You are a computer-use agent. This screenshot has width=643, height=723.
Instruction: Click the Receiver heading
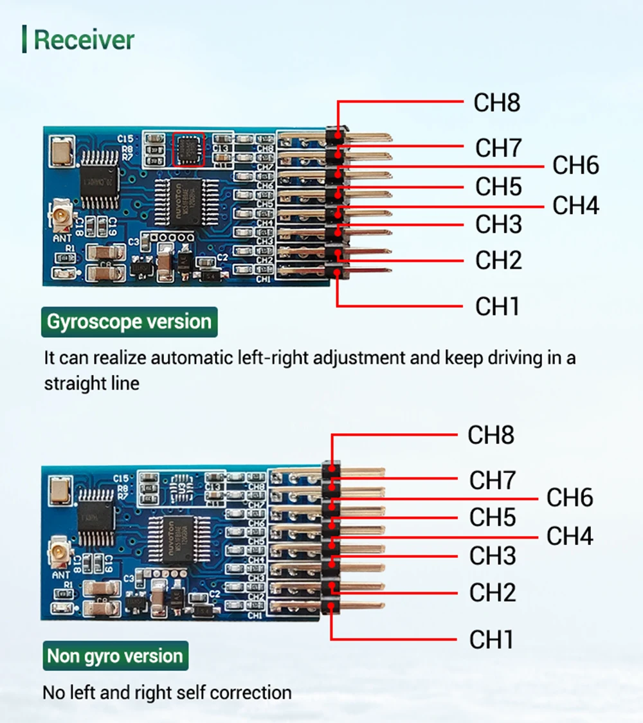coord(84,39)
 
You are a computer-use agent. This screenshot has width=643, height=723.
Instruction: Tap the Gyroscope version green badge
coord(129,322)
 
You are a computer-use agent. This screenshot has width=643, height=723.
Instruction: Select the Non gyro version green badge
coord(115,656)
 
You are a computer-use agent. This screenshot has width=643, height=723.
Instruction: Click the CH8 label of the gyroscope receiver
coord(496,103)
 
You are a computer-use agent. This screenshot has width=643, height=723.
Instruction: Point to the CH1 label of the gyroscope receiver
coord(496,307)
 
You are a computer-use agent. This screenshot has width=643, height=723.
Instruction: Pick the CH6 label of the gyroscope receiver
coord(575,166)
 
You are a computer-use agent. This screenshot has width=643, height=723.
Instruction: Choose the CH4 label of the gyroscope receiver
coord(575,206)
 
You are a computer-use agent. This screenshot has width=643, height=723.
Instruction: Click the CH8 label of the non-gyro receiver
coord(491,435)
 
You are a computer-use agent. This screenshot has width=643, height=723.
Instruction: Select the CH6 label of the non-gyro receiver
coord(570,498)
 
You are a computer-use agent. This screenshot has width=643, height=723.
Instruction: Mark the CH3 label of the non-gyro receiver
coord(492,556)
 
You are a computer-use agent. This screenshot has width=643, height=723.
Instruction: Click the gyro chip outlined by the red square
coord(189,150)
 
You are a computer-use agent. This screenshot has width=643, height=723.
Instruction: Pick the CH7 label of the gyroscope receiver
coord(498,148)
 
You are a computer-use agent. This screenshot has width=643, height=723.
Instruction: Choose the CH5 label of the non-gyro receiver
coord(492,517)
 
